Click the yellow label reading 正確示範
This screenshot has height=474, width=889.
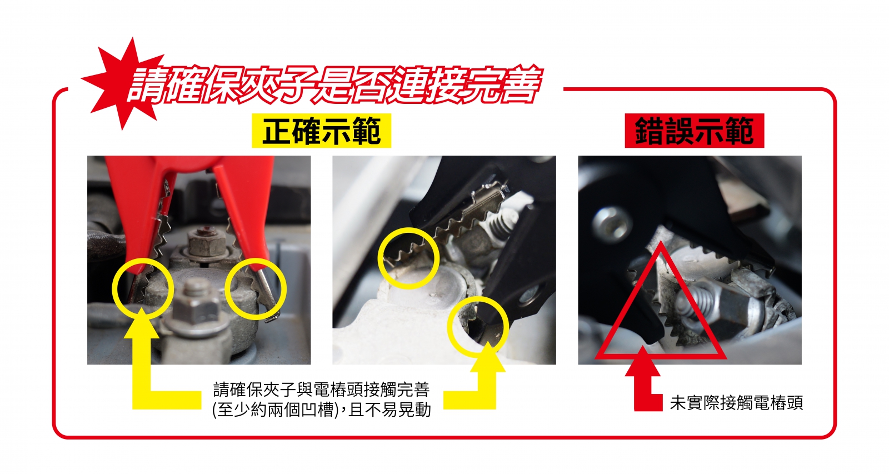[x=322, y=131]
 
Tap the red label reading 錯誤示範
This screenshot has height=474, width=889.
[x=694, y=131]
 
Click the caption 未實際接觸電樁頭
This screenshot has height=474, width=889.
[x=736, y=402]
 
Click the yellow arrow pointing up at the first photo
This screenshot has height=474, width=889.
[x=147, y=397]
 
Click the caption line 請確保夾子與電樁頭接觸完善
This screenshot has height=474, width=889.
[x=322, y=390]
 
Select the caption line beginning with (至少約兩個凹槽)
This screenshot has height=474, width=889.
[x=322, y=410]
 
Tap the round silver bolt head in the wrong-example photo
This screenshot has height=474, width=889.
[x=612, y=224]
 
